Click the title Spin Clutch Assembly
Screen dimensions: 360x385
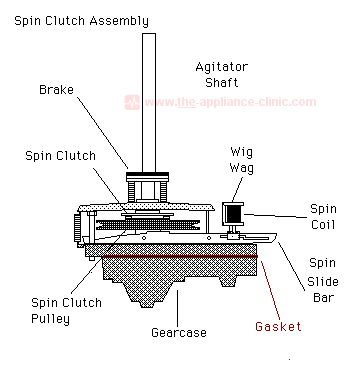pos(82,21)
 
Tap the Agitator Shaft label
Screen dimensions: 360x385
pos(222,75)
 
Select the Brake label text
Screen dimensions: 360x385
pos(56,90)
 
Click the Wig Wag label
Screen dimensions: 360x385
pos(242,160)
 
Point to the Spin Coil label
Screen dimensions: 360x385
pos(323,217)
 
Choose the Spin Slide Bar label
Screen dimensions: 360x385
pos(323,280)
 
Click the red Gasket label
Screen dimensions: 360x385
pos(278,326)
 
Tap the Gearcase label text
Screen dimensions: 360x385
pos(179,332)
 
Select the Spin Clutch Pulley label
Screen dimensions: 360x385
pos(66,310)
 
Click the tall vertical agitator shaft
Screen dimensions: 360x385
pos(149,103)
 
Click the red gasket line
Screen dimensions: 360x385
pos(180,256)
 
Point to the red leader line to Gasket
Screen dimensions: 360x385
pos(271,289)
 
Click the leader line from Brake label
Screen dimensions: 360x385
pos(103,132)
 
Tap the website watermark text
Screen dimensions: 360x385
pos(230,102)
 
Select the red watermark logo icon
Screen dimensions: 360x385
pos(132,102)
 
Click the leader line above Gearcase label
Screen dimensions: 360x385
pos(177,308)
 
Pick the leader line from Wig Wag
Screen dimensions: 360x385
pos(237,189)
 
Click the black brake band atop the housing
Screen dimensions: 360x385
pos(147,175)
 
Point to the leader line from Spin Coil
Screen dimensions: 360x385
pos(275,216)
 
